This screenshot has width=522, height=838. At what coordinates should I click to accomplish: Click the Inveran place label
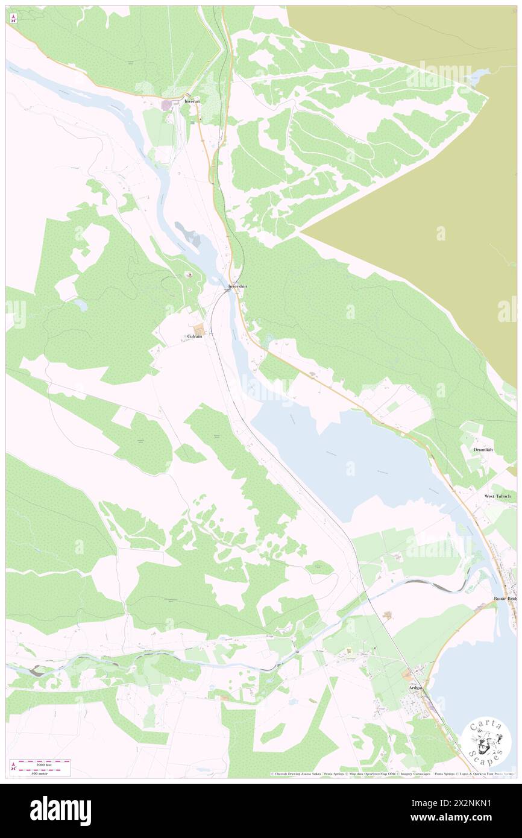point(192,102)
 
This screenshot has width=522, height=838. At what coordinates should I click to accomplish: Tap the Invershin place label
point(237,286)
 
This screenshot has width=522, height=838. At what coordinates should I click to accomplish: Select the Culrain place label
point(194,337)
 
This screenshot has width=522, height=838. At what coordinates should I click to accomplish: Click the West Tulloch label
point(498,496)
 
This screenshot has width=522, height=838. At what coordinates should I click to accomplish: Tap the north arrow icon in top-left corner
point(13,19)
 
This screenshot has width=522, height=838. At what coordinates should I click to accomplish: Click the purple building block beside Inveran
point(166,106)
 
